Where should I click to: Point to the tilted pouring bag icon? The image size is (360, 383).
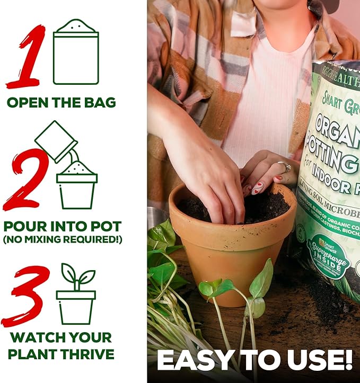point(56,140)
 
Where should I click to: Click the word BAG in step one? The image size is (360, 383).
point(99,102)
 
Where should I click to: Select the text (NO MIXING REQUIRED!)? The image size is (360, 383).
point(62,239)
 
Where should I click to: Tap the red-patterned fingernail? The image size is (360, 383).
point(258,188)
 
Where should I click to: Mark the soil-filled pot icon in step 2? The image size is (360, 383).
point(77,185)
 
